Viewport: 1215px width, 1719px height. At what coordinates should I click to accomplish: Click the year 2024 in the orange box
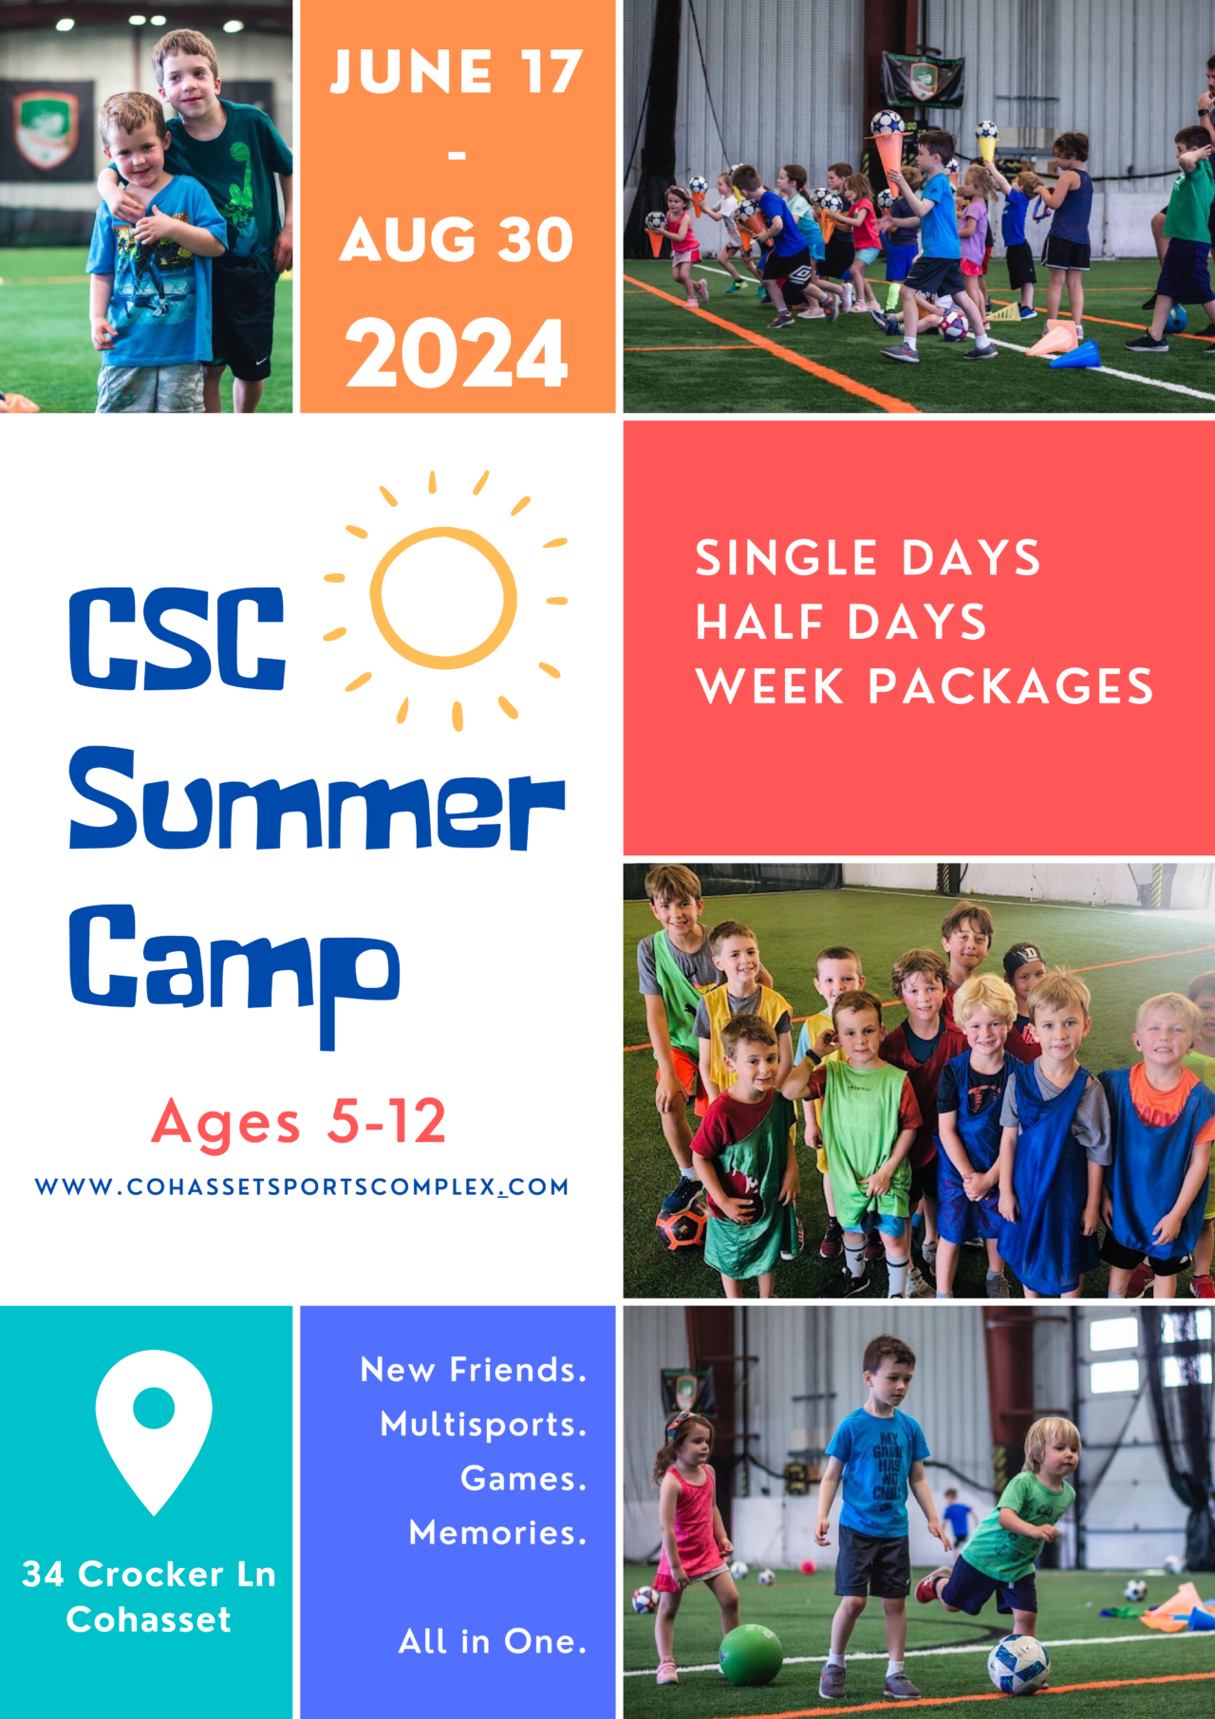click(457, 353)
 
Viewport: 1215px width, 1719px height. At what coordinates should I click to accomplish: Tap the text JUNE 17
click(457, 72)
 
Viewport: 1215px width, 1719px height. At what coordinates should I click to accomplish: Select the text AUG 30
click(457, 239)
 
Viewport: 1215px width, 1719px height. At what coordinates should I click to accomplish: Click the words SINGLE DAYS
click(868, 558)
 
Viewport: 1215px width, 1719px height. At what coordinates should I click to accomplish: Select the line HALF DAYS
click(841, 623)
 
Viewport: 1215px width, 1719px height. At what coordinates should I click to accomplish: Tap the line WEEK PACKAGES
click(924, 686)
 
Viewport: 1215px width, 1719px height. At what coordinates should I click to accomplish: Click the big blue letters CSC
click(178, 638)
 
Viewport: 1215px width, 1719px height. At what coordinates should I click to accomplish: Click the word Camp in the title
click(234, 963)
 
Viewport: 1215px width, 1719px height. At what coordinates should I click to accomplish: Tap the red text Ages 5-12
click(299, 1122)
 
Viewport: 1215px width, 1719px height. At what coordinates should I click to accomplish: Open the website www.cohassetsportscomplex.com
click(302, 1186)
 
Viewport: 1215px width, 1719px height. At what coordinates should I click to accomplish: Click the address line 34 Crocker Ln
click(149, 1575)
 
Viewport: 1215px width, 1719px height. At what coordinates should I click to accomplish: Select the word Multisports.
click(483, 1425)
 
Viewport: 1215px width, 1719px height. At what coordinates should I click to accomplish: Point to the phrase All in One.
click(492, 1641)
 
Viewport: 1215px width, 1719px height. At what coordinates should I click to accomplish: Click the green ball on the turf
click(750, 1654)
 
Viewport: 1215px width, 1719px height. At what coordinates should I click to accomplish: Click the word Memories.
click(497, 1533)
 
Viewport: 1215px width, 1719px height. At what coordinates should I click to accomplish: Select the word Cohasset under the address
click(149, 1619)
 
